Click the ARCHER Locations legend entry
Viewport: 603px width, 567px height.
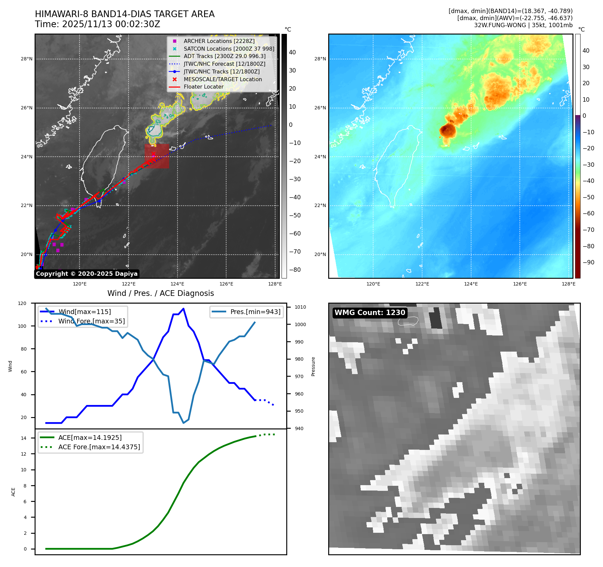(x=219, y=41)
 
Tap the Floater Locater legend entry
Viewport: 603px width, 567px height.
(x=203, y=87)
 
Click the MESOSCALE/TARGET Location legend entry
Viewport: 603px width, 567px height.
(x=222, y=79)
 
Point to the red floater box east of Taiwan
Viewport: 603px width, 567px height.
(x=157, y=156)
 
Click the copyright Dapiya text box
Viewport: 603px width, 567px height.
(x=87, y=274)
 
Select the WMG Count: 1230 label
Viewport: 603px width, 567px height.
(x=370, y=313)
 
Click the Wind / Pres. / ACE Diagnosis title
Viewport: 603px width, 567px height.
(x=160, y=293)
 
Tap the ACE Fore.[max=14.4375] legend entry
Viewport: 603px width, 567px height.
(x=99, y=447)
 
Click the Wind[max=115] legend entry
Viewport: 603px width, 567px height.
(x=85, y=312)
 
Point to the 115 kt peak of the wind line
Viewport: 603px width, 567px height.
(x=183, y=309)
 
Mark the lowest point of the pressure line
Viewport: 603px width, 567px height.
(x=184, y=423)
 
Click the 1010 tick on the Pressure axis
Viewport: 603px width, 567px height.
(x=300, y=307)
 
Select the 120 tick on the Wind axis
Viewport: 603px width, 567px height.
(x=22, y=303)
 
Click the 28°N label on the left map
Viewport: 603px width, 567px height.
(x=27, y=59)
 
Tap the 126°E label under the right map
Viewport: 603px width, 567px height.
(x=520, y=284)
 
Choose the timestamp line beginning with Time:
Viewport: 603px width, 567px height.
(x=97, y=24)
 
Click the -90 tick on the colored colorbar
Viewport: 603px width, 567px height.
(x=588, y=262)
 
